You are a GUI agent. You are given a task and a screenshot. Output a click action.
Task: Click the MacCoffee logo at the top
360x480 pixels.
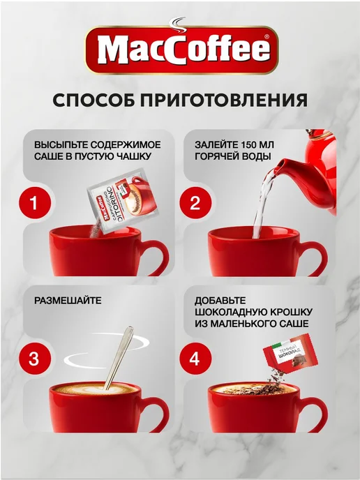click(181, 49)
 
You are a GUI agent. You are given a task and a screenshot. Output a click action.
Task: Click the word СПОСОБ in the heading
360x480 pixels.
click(93, 100)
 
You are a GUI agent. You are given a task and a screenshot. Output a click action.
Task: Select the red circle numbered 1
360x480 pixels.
click(35, 202)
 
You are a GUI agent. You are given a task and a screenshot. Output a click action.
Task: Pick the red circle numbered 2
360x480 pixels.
click(195, 202)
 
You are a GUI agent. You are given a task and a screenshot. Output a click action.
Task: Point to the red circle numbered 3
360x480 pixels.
click(34, 359)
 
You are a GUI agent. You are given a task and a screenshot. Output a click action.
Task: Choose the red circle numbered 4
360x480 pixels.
click(195, 359)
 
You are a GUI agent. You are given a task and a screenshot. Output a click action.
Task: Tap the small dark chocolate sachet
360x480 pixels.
click(290, 352)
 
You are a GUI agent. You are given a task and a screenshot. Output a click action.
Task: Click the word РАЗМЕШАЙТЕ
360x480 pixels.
click(68, 300)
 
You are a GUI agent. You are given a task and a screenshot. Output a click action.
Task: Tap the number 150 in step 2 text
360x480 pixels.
click(250, 144)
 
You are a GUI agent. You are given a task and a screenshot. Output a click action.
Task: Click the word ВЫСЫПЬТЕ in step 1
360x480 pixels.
click(61, 144)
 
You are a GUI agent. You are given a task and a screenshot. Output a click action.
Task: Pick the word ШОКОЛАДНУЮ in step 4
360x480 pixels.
click(230, 312)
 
